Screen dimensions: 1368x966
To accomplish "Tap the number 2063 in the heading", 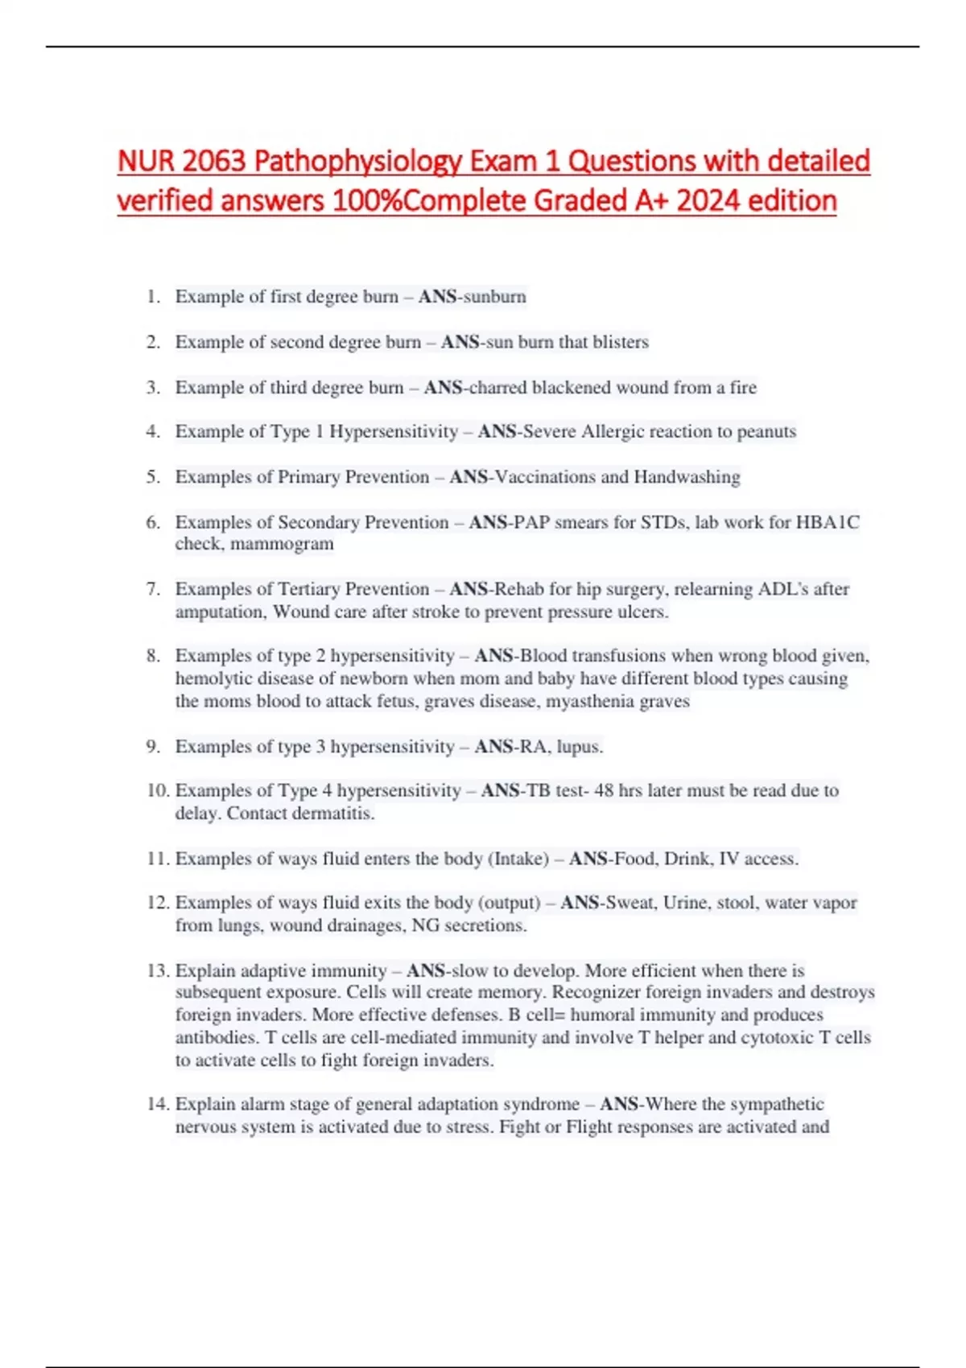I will tap(213, 162).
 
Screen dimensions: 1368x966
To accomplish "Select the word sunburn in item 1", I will tap(494, 297).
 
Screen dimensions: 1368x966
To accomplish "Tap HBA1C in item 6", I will tap(828, 522).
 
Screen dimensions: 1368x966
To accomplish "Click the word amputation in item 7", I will tap(221, 612).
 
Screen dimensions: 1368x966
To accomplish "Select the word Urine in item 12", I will tap(686, 903).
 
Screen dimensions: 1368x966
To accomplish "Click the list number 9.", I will tap(153, 747).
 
